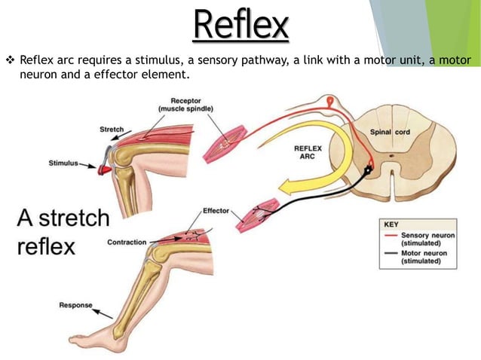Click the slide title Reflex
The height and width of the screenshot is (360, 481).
click(x=240, y=25)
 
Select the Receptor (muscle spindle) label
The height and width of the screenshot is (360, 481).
click(x=185, y=105)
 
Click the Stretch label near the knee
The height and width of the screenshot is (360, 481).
click(x=112, y=130)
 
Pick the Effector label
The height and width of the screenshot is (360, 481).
click(x=216, y=210)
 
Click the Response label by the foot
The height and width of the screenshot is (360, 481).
click(x=75, y=305)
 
